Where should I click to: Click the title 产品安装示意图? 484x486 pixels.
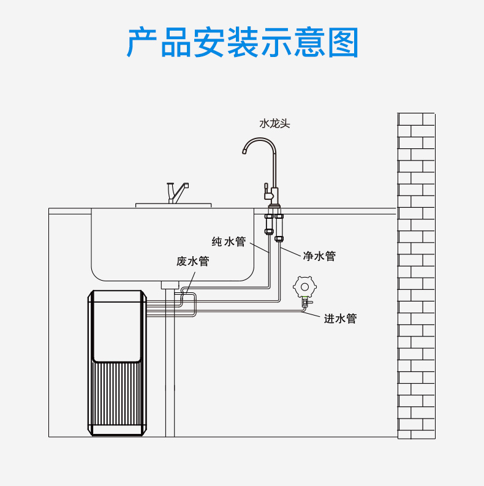click(x=243, y=42)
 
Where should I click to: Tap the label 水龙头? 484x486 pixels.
click(x=274, y=124)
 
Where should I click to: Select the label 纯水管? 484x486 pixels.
click(x=229, y=241)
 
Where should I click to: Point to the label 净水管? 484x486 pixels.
click(x=319, y=256)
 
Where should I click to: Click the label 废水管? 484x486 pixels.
click(x=193, y=261)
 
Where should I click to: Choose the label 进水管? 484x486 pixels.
click(x=340, y=318)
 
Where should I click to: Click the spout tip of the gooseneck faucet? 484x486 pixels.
click(x=244, y=151)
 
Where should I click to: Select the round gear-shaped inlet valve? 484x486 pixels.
click(x=304, y=287)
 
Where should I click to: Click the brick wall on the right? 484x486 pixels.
click(x=416, y=276)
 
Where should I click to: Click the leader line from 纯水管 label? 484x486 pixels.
click(x=259, y=248)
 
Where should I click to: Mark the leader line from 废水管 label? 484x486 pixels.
click(x=191, y=283)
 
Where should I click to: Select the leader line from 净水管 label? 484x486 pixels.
click(x=290, y=252)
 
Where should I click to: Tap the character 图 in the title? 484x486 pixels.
click(x=343, y=42)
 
